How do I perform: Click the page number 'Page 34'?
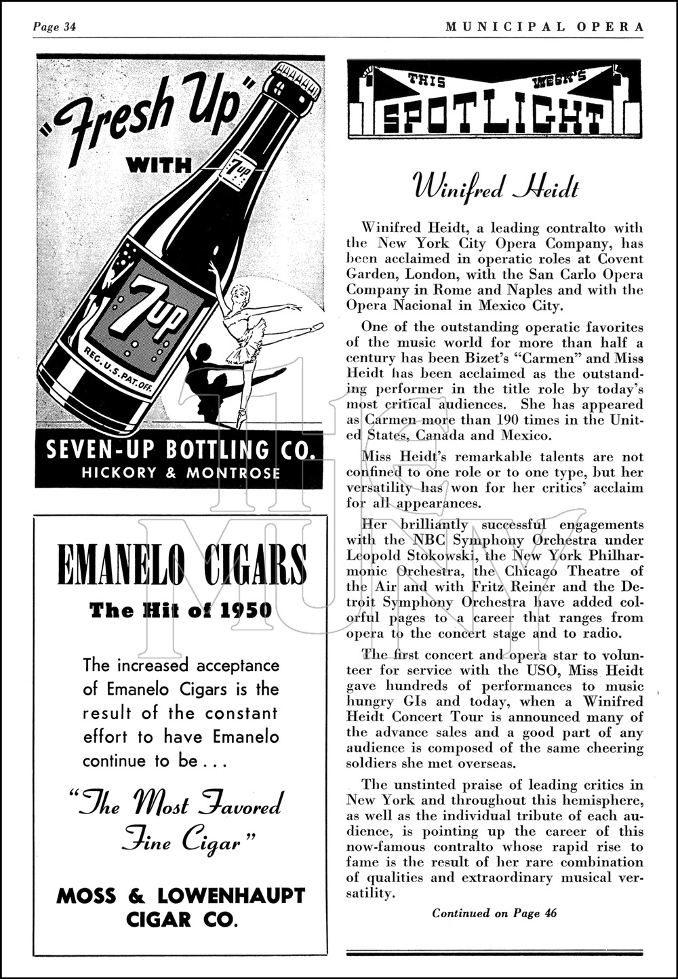54,27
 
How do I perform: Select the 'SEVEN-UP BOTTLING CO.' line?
180,449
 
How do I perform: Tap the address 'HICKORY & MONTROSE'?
180,473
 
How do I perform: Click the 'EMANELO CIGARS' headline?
182,564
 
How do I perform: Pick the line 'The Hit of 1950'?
181,611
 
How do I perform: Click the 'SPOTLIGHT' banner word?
493,119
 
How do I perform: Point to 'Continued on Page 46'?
494,913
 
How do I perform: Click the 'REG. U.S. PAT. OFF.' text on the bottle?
117,372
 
